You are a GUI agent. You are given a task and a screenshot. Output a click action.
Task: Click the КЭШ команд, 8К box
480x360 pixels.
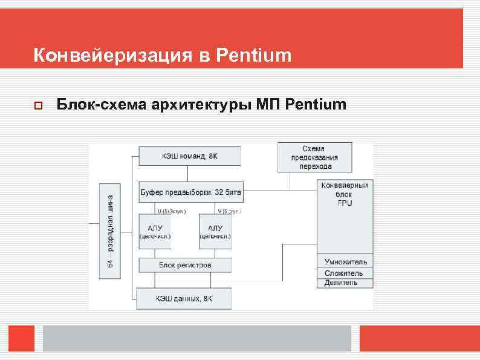click(189, 156)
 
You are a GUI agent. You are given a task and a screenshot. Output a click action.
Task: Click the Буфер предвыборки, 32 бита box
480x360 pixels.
click(190, 192)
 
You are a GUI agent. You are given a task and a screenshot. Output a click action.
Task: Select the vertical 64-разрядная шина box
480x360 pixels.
click(110, 231)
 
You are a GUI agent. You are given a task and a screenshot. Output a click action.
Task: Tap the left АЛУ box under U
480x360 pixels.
click(154, 232)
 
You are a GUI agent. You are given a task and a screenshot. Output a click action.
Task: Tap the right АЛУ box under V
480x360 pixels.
click(215, 232)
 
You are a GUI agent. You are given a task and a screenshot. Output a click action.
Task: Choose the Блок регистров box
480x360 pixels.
click(184, 265)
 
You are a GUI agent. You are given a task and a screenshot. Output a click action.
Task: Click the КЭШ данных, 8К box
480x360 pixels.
click(183, 298)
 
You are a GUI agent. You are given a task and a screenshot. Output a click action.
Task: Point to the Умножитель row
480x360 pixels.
click(345, 262)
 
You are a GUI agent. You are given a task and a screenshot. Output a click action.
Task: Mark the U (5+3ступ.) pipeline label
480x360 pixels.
click(172, 211)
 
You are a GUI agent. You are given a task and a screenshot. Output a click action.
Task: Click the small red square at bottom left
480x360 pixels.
click(21, 338)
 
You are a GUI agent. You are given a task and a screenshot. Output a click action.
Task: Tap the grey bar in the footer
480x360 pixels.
click(196, 338)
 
